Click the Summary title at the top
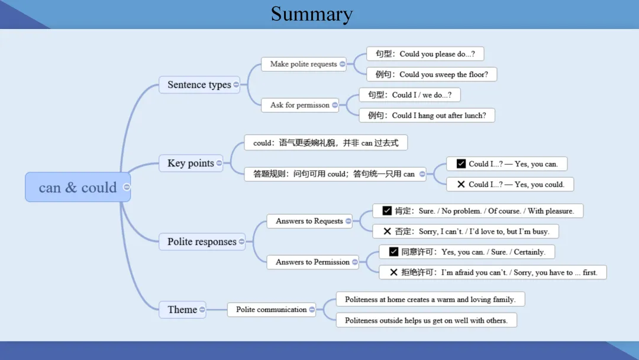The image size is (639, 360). click(x=312, y=14)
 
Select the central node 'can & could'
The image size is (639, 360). click(x=78, y=187)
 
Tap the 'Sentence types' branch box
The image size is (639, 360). click(x=199, y=85)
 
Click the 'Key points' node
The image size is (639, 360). click(x=191, y=163)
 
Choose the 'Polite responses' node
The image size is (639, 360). click(x=202, y=242)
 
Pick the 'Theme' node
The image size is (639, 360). click(x=182, y=310)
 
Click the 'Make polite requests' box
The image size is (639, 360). click(x=304, y=64)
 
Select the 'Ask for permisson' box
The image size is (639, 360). click(x=300, y=105)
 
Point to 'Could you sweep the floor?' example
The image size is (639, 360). click(x=431, y=74)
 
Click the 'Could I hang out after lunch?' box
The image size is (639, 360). click(x=427, y=115)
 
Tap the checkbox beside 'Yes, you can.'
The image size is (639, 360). click(x=461, y=163)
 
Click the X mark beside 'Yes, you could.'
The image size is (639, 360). click(x=461, y=184)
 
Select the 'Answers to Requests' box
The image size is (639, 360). click(x=309, y=221)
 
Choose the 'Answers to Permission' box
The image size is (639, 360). click(x=312, y=262)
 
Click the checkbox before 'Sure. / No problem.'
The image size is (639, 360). click(x=387, y=211)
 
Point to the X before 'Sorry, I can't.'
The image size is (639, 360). click(x=387, y=231)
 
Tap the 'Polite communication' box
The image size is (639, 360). click(x=272, y=310)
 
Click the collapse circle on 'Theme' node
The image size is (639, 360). click(x=202, y=310)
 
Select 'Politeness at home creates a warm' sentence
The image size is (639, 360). click(x=430, y=299)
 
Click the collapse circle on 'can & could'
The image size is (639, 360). click(x=127, y=187)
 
